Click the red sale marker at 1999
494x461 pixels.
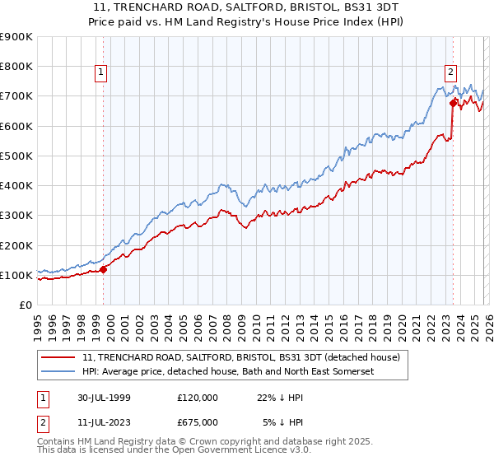click(104, 269)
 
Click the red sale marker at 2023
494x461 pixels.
click(453, 104)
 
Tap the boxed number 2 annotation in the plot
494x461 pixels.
click(451, 72)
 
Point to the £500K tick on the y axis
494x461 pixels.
click(16, 156)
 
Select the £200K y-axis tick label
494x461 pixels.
click(16, 245)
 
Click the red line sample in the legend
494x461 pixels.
click(59, 358)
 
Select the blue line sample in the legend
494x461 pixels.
click(59, 372)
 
